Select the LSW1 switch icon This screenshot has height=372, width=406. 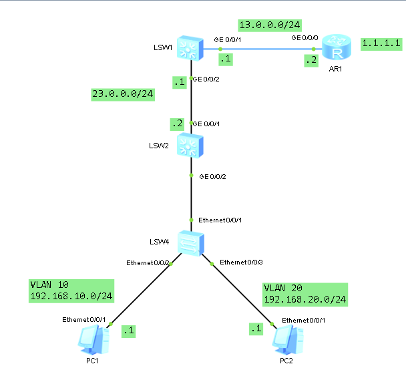191,47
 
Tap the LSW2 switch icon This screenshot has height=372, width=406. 191,145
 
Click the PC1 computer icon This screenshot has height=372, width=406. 91,341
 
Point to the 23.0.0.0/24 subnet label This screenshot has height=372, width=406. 124,94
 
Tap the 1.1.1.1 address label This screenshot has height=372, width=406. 381,43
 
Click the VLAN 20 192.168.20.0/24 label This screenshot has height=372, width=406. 305,294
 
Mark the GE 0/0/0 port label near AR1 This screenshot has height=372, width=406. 305,38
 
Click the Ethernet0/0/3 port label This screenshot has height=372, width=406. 242,260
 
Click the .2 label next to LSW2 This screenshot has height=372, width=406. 176,124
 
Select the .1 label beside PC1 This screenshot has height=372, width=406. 128,329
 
